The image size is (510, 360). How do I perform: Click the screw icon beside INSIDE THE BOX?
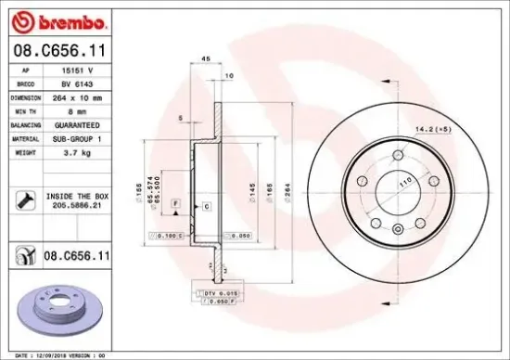[25, 198]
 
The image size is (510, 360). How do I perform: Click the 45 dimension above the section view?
[204, 58]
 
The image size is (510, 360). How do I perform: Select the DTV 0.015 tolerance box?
[215, 292]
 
